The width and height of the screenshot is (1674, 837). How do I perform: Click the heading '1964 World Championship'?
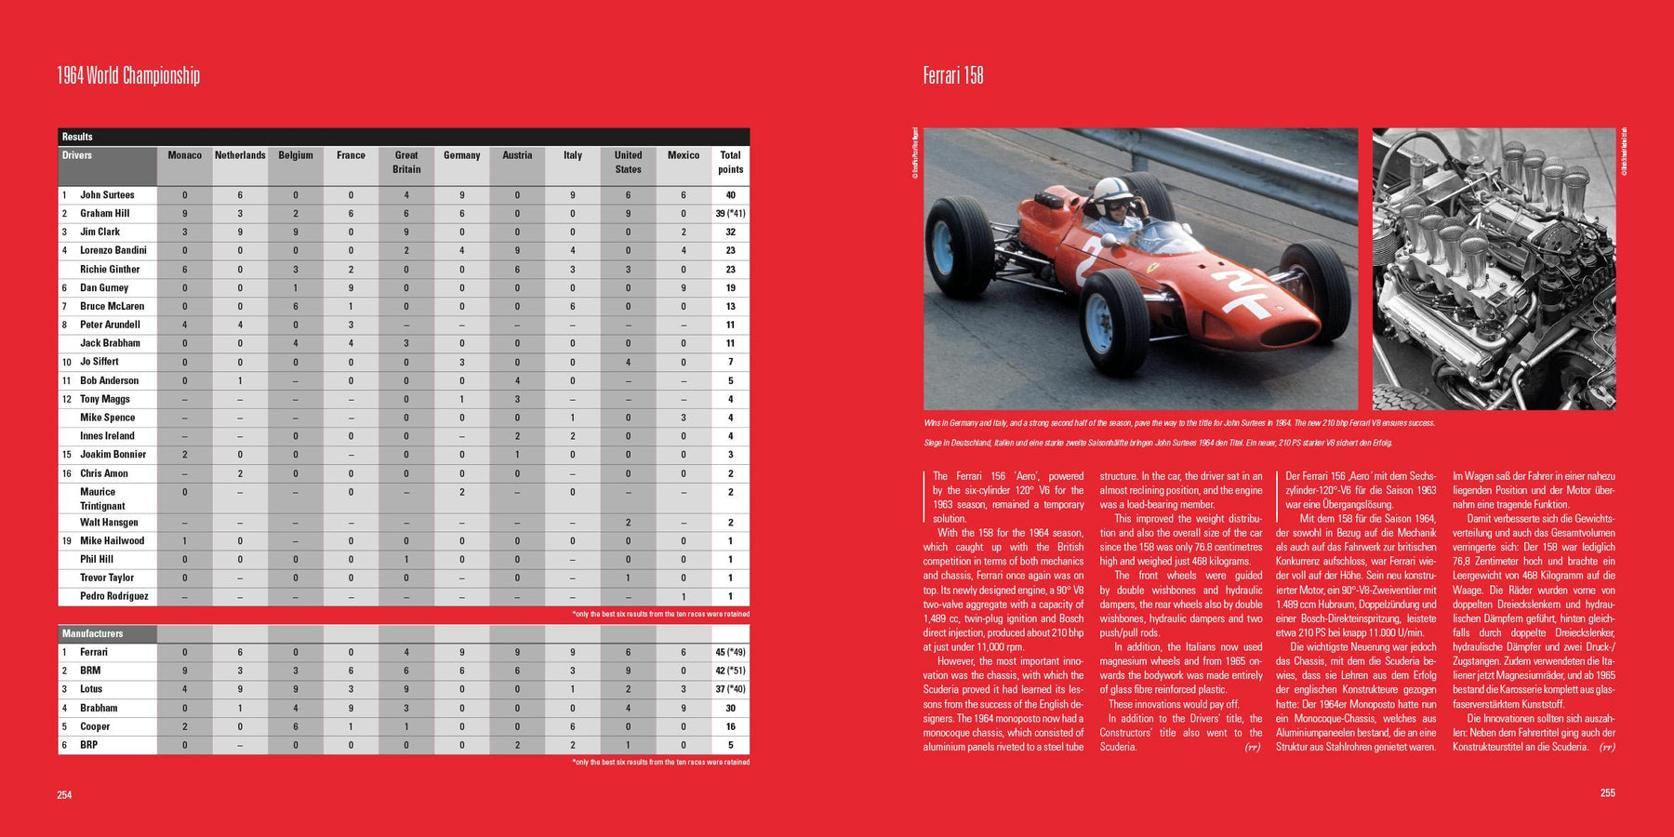(x=128, y=75)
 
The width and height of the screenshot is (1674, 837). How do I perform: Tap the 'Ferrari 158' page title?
(x=952, y=75)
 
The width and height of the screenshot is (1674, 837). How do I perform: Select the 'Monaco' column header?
(x=184, y=155)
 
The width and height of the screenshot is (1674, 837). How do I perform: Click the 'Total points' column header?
(x=730, y=162)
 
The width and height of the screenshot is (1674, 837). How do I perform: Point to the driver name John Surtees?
(x=107, y=195)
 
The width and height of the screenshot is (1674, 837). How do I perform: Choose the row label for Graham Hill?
(x=104, y=214)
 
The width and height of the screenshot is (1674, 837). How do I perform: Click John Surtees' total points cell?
(x=730, y=195)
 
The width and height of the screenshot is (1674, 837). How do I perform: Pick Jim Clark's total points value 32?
(x=730, y=232)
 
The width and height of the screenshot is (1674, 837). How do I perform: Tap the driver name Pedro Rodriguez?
(x=113, y=596)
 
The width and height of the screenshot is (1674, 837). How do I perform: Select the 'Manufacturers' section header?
(x=92, y=633)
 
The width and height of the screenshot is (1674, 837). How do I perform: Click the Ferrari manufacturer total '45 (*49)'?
(x=730, y=652)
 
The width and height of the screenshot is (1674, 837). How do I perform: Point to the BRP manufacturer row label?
(x=88, y=745)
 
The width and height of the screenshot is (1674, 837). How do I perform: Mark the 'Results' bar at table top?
(x=77, y=137)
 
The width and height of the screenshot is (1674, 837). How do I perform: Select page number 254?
(x=64, y=795)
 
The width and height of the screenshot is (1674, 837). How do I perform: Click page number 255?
(x=1607, y=793)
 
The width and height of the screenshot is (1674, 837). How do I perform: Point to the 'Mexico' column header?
(x=683, y=155)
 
